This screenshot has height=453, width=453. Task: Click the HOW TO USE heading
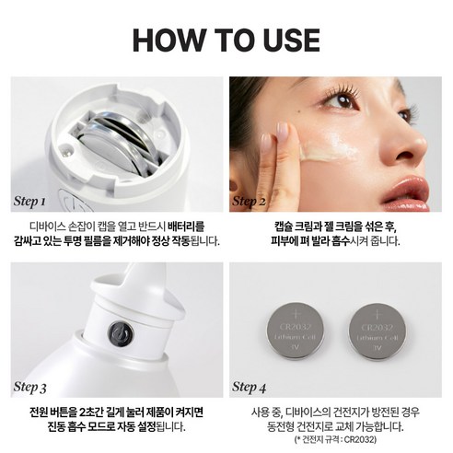tap(226, 40)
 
